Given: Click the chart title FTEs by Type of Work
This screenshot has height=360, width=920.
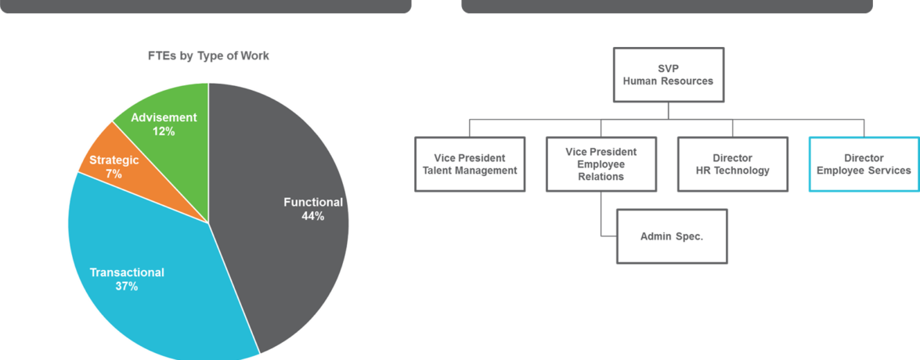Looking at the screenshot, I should click(208, 56).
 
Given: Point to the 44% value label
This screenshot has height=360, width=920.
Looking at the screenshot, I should click(312, 216).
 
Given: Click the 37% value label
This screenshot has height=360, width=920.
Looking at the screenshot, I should click(127, 286).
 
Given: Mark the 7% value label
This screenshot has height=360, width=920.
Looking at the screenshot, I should click(114, 174).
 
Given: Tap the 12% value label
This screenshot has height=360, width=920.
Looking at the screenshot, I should click(164, 131).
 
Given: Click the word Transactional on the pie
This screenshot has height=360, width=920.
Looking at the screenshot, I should click(127, 272).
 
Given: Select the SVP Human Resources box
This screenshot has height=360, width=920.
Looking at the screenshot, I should click(668, 74).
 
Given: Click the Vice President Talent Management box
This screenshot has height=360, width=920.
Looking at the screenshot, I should click(470, 164).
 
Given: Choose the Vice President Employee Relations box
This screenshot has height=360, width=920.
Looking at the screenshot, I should click(601, 164).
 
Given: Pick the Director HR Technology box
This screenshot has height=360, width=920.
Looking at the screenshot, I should click(732, 164).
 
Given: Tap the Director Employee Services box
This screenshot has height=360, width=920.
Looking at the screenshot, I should click(864, 164).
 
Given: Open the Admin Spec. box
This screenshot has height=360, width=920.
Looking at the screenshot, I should click(672, 236).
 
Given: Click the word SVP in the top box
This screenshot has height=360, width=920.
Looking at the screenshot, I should click(668, 68).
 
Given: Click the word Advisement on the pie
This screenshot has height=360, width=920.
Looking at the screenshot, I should click(164, 117).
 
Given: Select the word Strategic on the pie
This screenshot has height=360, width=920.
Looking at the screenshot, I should click(114, 160).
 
